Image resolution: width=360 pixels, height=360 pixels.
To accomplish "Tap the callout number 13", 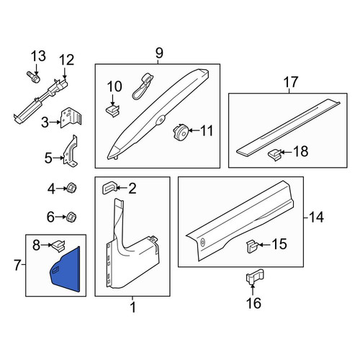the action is click(x=38, y=56).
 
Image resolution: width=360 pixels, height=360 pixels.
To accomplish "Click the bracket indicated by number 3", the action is click(x=71, y=117).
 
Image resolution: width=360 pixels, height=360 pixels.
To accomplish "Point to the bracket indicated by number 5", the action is click(x=71, y=151).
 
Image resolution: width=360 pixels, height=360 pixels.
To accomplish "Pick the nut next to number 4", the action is click(x=71, y=188).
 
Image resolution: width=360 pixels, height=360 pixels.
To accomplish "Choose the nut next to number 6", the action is click(x=71, y=217).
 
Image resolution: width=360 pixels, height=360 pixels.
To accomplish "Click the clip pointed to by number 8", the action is click(x=58, y=246).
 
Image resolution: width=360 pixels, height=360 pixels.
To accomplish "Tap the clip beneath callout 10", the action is click(x=113, y=110).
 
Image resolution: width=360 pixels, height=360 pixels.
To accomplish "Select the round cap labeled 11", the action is click(x=180, y=132).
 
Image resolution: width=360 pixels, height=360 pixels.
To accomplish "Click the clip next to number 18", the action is click(x=275, y=155).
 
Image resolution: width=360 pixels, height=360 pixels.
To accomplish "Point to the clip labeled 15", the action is click(x=252, y=247).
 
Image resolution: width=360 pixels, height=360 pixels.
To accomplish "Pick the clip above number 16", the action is click(x=255, y=276).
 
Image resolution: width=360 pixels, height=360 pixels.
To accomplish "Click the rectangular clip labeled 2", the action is click(x=110, y=188).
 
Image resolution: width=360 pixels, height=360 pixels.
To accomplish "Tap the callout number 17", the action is click(x=291, y=82).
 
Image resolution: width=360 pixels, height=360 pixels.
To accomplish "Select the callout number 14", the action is click(x=317, y=217).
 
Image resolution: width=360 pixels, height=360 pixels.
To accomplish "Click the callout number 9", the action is click(x=159, y=53).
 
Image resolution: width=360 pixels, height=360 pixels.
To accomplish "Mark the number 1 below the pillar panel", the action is click(x=133, y=307).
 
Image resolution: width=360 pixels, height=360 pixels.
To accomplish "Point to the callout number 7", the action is click(x=17, y=265).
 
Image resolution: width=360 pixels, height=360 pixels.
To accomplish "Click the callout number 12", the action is click(x=66, y=60).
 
